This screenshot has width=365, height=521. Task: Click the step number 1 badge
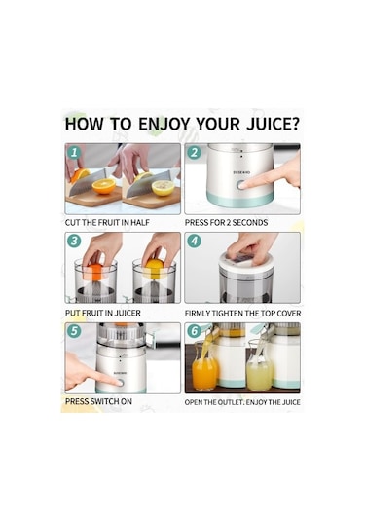coord(74,152)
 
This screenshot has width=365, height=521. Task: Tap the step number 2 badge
coord(194,152)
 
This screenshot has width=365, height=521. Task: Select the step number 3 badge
coord(74,241)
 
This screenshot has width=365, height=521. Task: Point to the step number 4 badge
coord(194,241)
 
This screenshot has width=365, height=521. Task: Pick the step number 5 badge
coord(74,331)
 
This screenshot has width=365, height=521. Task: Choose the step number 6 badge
coord(194,331)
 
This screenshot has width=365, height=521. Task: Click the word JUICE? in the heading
coord(273,124)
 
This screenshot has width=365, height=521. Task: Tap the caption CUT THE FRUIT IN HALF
coord(107,223)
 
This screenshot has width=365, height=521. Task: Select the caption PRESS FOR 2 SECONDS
coord(226,223)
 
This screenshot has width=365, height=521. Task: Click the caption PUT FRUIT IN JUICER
coord(103,313)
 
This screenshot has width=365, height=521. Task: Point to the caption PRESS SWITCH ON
coord(98,401)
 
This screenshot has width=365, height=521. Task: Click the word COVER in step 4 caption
coord(288,314)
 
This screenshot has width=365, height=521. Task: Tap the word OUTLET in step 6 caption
coord(231,402)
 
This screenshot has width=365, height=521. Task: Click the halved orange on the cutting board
coord(104,186)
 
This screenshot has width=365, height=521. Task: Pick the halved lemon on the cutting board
coord(163,188)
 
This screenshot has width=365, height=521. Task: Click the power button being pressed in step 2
coord(240,185)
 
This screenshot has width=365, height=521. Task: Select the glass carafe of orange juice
coord(204,366)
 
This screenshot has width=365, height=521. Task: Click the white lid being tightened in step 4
coord(246,263)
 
